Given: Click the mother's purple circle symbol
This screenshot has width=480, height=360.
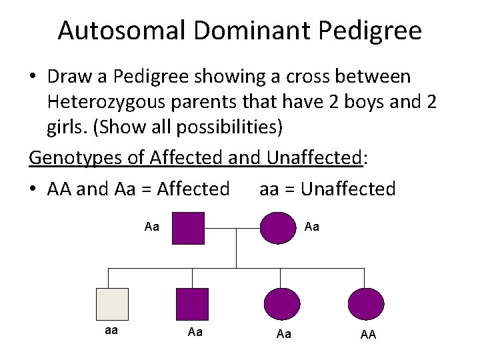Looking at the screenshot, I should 277,228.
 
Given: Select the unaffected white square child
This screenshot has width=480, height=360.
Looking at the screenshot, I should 112,304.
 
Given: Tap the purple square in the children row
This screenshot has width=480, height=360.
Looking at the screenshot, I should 192,304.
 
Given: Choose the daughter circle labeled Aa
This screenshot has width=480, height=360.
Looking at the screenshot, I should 283,304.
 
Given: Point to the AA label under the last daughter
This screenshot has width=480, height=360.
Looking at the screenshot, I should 368,334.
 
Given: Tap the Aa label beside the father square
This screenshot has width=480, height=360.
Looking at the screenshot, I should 151,227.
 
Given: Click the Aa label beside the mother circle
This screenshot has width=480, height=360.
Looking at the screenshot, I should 311,227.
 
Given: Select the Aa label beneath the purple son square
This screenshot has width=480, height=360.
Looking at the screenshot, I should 195,332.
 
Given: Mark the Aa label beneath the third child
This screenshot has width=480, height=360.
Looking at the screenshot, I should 283,333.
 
